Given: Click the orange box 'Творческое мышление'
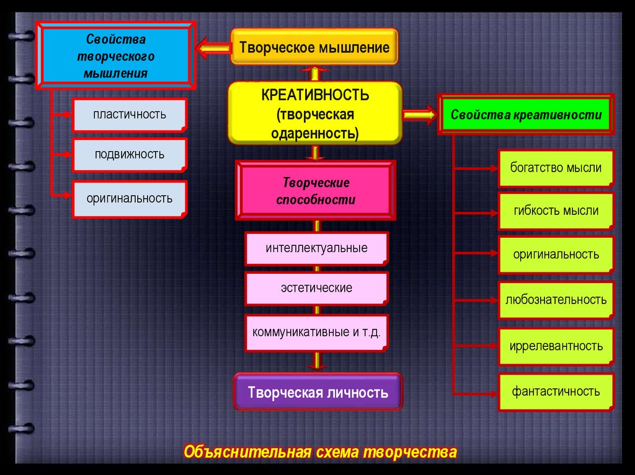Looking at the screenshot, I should (x=314, y=47).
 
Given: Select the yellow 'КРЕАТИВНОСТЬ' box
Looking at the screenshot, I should (x=315, y=113).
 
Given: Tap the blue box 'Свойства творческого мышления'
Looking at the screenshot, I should (x=116, y=56).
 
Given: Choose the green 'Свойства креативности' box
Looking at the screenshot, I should (x=526, y=115).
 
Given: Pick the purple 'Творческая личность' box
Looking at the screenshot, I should (x=317, y=392).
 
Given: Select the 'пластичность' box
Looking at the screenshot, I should (x=130, y=115).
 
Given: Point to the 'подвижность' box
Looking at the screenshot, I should (x=130, y=154).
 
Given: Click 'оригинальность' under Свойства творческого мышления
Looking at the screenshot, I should (x=130, y=198).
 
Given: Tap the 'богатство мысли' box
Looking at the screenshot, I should (x=556, y=168).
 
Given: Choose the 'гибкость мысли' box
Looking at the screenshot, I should (x=556, y=211).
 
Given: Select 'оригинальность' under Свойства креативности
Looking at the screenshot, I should (x=556, y=255).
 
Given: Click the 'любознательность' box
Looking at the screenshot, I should (x=556, y=300).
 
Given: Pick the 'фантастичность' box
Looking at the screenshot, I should (x=556, y=391).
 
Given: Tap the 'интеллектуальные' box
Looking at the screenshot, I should (x=316, y=248).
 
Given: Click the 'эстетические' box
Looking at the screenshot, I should (x=316, y=288).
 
